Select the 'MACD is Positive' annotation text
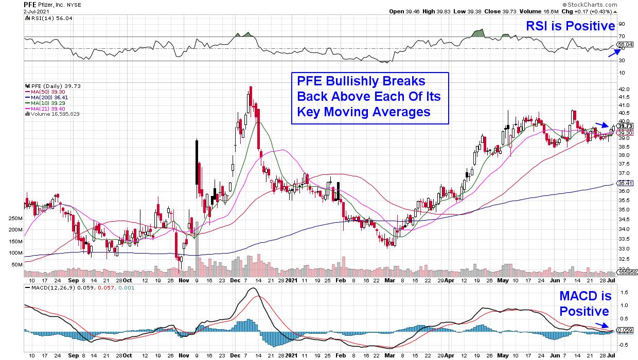click(x=585, y=303)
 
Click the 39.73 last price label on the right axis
click(x=625, y=126)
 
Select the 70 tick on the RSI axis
click(x=622, y=37)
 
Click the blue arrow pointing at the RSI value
click(x=613, y=53)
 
